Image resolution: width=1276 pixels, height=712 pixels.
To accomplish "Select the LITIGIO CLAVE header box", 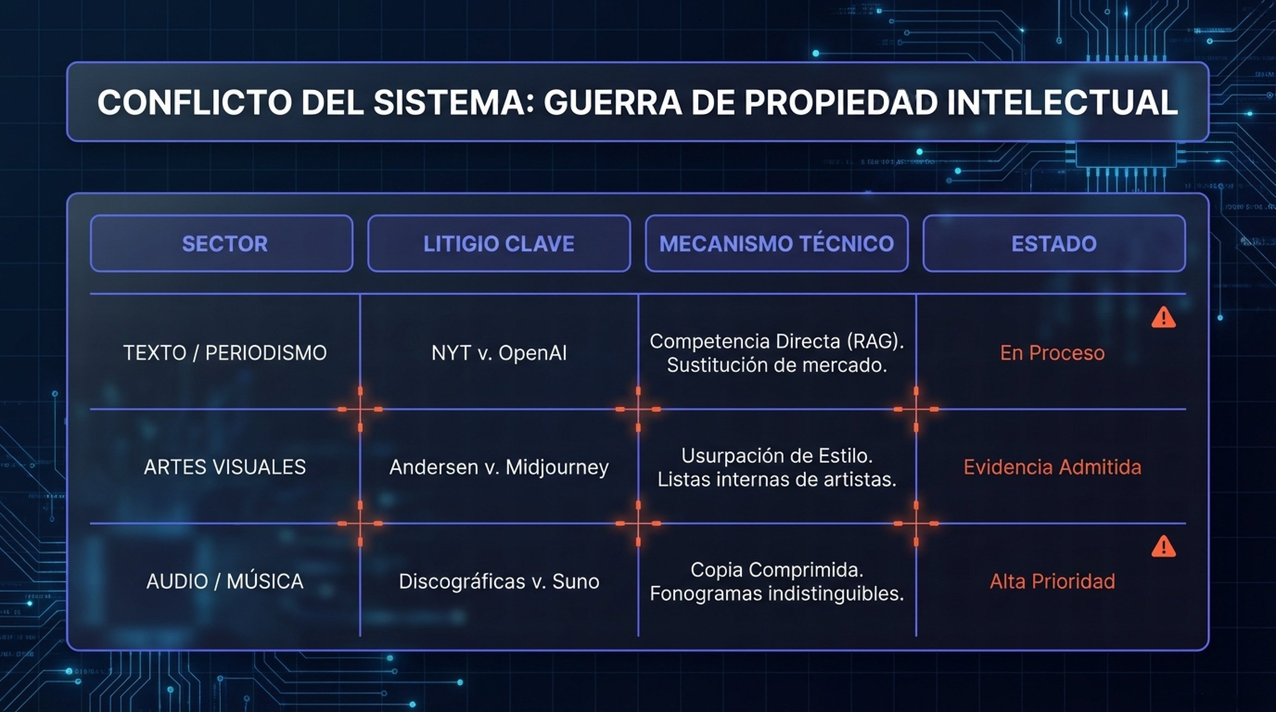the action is [x=499, y=243].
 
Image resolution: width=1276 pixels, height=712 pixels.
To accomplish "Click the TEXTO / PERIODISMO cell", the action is [x=225, y=353].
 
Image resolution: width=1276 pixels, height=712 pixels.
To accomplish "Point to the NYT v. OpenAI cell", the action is [x=499, y=353].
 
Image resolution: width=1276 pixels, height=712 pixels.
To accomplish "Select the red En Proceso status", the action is [x=1052, y=353].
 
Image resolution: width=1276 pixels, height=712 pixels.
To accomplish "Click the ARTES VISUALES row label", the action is [x=225, y=467].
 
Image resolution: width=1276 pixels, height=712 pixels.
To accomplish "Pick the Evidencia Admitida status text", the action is [x=1052, y=467].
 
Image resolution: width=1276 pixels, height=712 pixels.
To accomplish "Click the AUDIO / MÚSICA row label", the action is [x=225, y=581].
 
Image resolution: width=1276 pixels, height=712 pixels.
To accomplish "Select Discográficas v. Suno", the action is [x=499, y=581].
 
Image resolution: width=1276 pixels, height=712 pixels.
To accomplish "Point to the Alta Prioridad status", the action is [x=1052, y=581].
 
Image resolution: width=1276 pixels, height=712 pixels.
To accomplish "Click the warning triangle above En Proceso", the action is [x=1163, y=318].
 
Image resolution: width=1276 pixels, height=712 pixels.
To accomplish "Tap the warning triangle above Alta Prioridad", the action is [x=1163, y=547].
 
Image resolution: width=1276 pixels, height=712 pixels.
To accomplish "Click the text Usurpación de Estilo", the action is [x=777, y=456].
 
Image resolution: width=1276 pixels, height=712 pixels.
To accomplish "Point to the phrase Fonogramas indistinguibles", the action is [x=777, y=593].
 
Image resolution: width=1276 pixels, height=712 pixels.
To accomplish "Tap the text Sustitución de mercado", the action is [x=777, y=365].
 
